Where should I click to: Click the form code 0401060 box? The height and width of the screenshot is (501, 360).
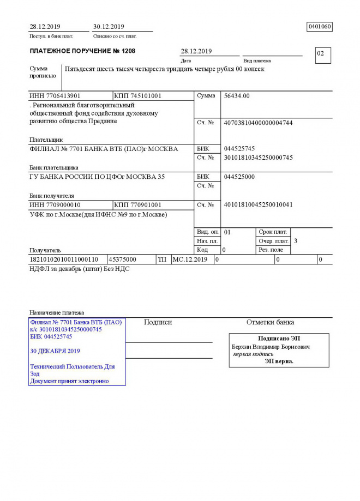click(x=320, y=26)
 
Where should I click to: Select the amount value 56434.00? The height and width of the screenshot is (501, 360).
click(x=237, y=96)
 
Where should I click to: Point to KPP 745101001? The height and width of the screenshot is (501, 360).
click(x=138, y=96)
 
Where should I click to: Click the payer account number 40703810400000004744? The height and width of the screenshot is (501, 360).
click(x=258, y=123)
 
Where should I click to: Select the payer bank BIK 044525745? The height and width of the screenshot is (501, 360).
click(x=239, y=149)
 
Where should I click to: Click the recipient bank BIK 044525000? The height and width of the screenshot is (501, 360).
click(x=239, y=177)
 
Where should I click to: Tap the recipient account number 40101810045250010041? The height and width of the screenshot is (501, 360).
click(x=258, y=204)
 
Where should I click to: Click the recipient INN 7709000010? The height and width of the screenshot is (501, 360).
click(x=55, y=204)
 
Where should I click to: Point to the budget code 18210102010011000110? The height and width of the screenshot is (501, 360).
click(x=64, y=259)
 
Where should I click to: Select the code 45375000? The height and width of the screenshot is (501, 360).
click(x=123, y=259)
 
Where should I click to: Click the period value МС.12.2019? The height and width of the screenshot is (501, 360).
click(x=190, y=259)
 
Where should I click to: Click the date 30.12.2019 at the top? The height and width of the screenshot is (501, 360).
click(x=109, y=26)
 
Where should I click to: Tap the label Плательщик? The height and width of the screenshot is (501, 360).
click(x=46, y=140)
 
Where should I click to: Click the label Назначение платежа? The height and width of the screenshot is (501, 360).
click(x=57, y=312)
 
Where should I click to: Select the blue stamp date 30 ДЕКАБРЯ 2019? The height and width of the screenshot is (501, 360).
click(x=55, y=351)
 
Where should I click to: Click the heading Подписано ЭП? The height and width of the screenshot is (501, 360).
click(x=279, y=339)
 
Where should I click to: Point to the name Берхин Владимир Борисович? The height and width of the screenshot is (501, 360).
click(x=271, y=347)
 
